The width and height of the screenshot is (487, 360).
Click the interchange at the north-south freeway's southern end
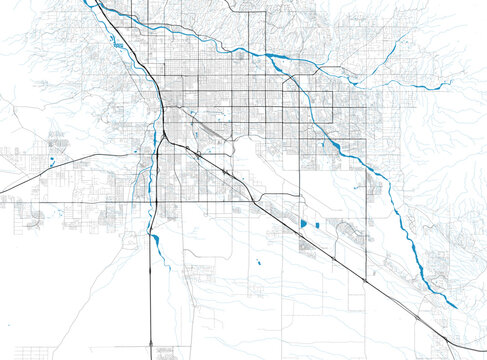tap(151, 345)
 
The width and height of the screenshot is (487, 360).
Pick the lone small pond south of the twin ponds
tap(258, 263)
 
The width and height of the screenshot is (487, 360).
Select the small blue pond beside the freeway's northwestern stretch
tap(117, 46)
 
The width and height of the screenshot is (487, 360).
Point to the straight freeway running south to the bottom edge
tap(151, 300)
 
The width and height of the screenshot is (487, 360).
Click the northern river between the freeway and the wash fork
tap(200, 37)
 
